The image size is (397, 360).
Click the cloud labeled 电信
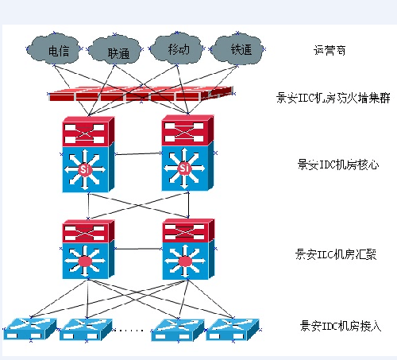point(58,49)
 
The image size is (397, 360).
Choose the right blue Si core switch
point(185,168)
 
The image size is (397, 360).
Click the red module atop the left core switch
point(87,130)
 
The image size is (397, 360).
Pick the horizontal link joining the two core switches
point(137,153)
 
